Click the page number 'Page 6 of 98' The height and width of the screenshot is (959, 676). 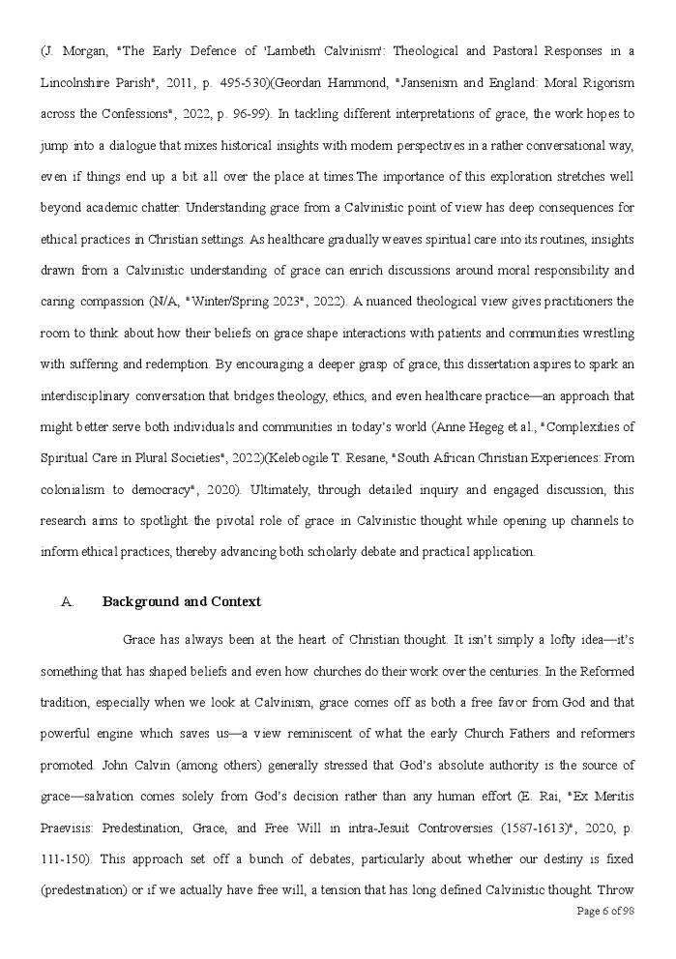click(604, 911)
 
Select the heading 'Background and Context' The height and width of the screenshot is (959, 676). click(182, 601)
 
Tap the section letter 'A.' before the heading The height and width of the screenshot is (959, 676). click(67, 601)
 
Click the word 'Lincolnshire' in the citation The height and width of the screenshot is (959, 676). click(81, 82)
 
